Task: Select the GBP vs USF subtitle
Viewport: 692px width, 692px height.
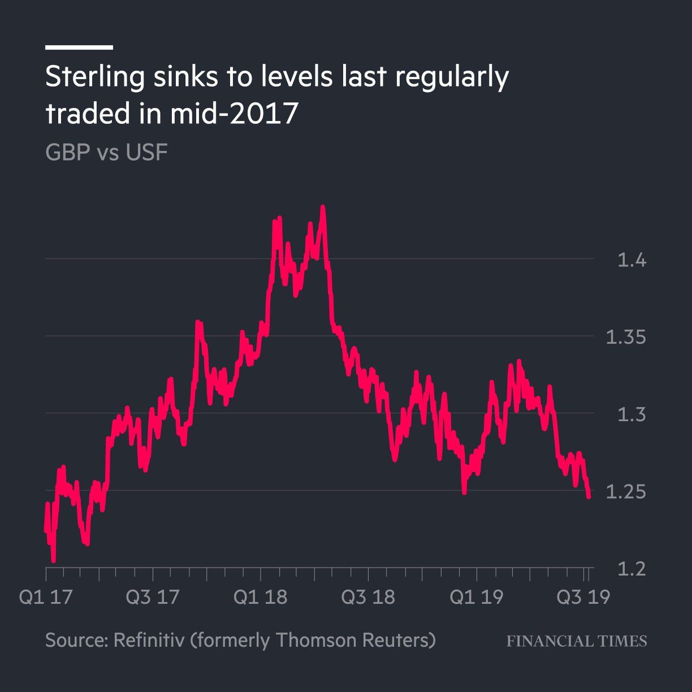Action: coord(107,153)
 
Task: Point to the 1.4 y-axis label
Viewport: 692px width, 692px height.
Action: coord(632,261)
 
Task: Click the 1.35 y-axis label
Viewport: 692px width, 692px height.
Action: coord(626,337)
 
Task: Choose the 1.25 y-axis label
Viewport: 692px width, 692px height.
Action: coord(626,492)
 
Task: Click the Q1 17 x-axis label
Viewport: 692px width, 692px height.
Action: coord(46,597)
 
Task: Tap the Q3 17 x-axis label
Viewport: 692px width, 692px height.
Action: coord(153,597)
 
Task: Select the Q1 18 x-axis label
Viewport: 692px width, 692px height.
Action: coord(260,597)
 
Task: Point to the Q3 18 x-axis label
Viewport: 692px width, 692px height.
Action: coord(368,597)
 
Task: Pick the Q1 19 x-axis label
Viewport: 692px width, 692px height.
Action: coord(476,597)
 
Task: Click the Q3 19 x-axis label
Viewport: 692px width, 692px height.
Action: coord(583,597)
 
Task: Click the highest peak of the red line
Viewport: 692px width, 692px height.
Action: coord(323,206)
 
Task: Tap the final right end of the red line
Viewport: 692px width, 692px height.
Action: coord(589,497)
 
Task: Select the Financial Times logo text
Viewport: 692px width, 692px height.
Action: coord(577,641)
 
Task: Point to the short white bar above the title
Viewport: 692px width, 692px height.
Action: coord(79,47)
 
